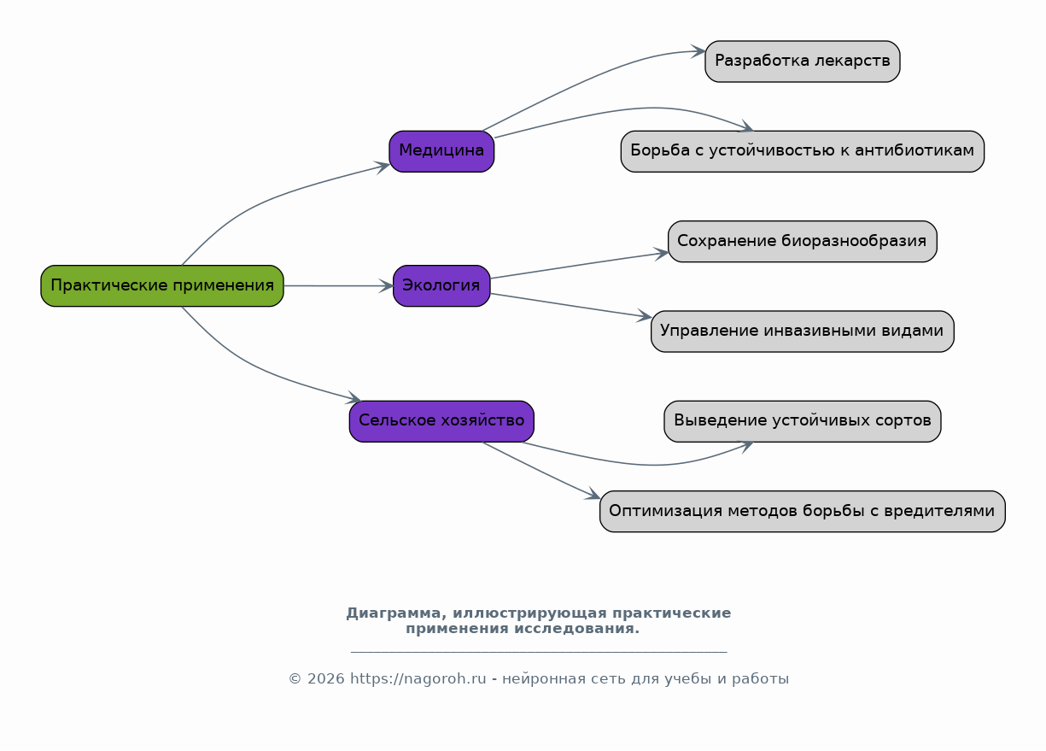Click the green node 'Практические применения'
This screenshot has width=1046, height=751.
coord(162,286)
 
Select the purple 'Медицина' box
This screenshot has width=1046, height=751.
coord(441,151)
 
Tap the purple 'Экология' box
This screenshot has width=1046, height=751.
coord(441,286)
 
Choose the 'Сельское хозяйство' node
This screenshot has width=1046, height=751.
coord(441,421)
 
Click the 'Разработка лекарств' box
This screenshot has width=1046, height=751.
coord(803,62)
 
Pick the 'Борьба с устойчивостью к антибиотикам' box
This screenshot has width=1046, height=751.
coord(803,151)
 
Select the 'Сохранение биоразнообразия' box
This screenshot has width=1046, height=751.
coord(803,241)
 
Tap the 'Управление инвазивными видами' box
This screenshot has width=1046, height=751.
coord(803,331)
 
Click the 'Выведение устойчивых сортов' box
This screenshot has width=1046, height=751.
coord(803,421)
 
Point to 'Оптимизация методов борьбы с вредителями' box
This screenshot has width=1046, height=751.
coord(803,511)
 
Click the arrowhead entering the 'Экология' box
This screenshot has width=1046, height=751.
coord(386,286)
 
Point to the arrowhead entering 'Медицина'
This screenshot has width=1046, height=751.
coord(383,167)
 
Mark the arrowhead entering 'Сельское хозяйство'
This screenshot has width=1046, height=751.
coord(354,397)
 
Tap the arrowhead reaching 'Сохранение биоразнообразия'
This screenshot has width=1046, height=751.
coord(661,254)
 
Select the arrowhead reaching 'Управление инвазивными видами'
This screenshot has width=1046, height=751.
coord(645,316)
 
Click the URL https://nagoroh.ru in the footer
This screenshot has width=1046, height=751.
coord(418,678)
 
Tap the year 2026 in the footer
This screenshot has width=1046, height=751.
coord(325,678)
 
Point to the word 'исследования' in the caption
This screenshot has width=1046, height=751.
coord(576,629)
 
